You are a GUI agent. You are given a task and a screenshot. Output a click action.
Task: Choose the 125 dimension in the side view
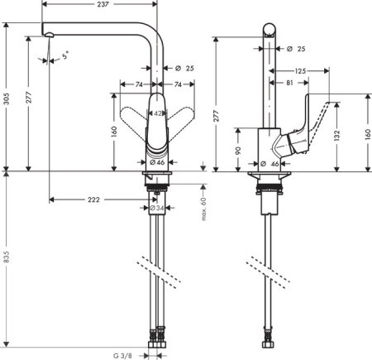pyautogui.click(x=299, y=72)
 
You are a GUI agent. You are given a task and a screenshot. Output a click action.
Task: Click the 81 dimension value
pyautogui.click(x=290, y=83)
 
